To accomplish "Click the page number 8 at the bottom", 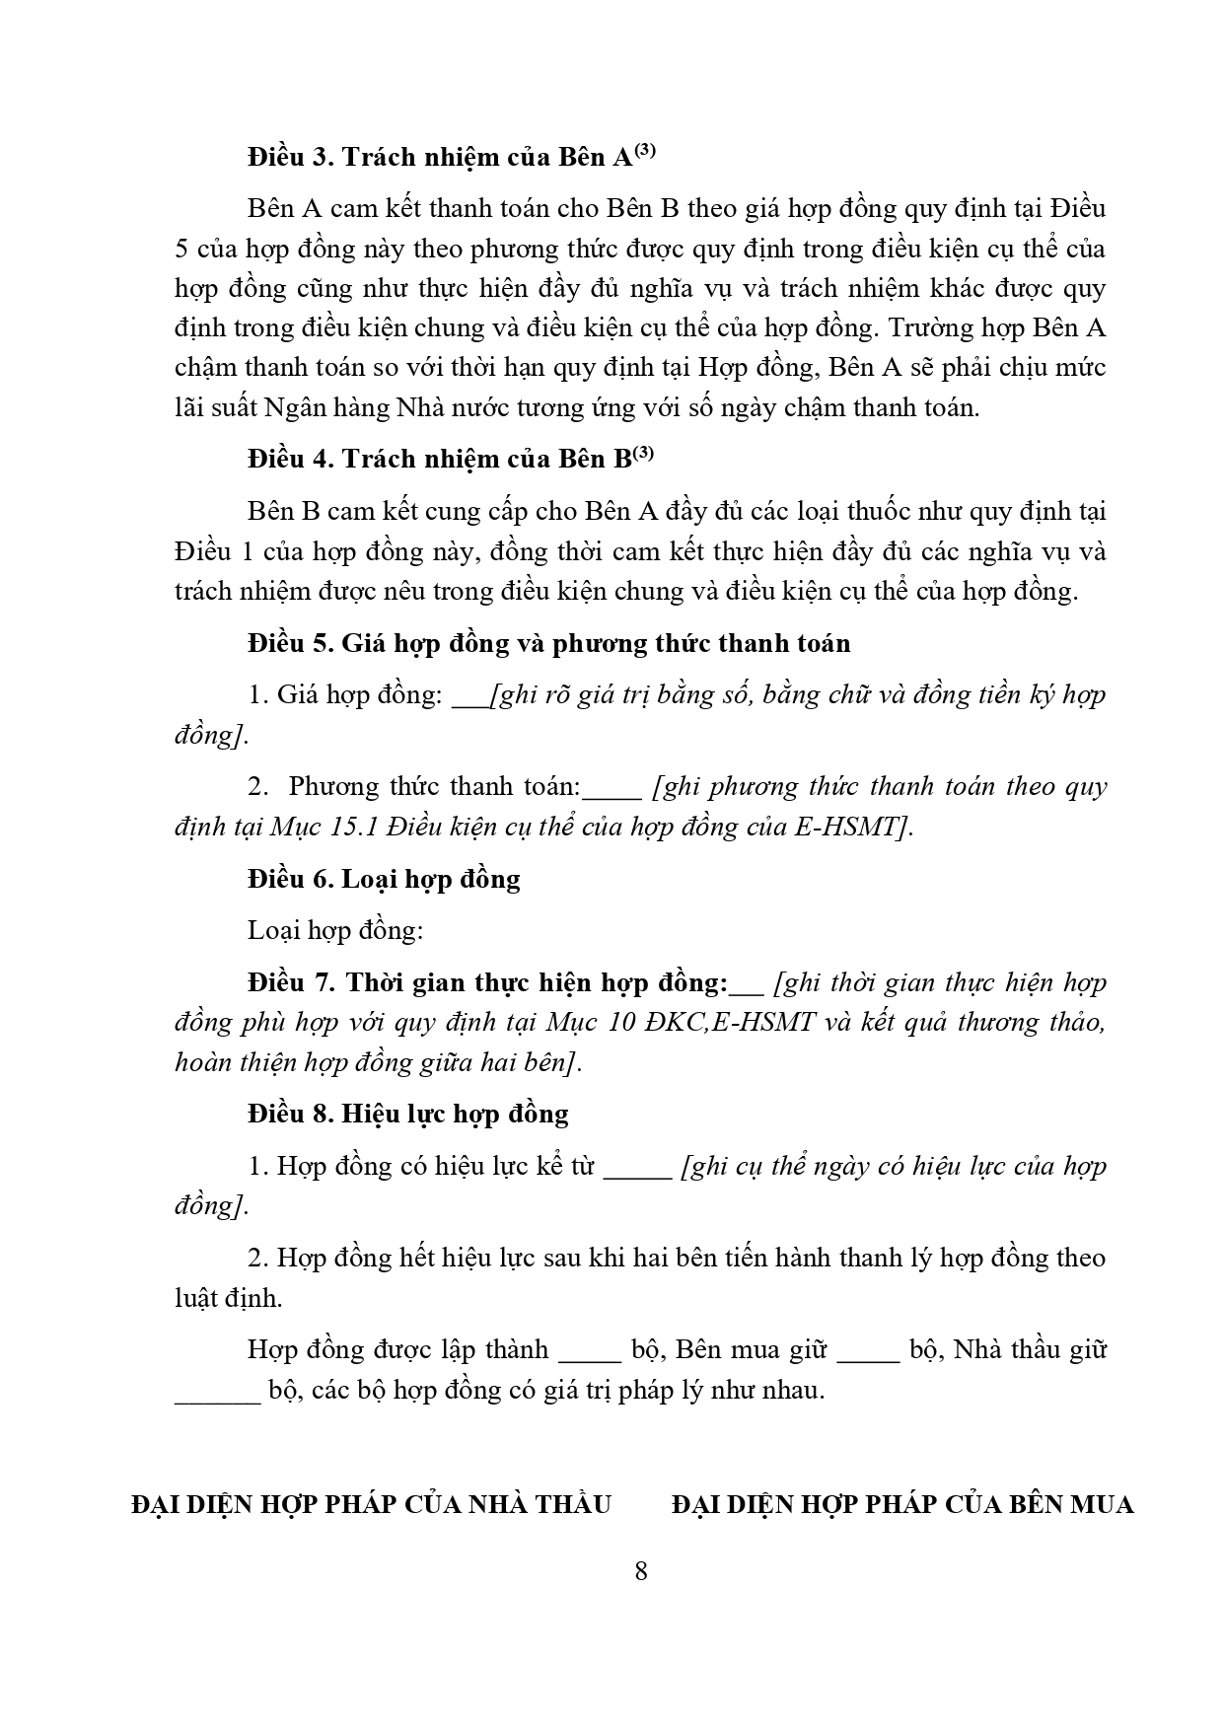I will coord(641,1571).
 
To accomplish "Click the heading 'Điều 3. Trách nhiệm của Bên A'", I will coord(440,158).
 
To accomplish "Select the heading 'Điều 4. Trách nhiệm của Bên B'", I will coord(439,460).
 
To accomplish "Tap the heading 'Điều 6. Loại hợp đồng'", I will coord(384,879).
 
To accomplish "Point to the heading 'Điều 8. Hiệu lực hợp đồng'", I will coord(408,1114).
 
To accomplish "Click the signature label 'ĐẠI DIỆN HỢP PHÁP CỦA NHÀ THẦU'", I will coord(371,1504).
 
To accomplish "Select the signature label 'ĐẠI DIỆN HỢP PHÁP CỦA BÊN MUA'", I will coord(901,1504).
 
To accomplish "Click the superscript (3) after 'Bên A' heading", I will coord(644,151).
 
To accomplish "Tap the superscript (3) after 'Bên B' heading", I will coord(643,453).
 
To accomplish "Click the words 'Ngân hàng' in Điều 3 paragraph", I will coord(333,407).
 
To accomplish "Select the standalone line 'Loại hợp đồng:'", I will coord(335,930).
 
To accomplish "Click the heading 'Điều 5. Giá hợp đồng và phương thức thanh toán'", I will coord(548,644).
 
